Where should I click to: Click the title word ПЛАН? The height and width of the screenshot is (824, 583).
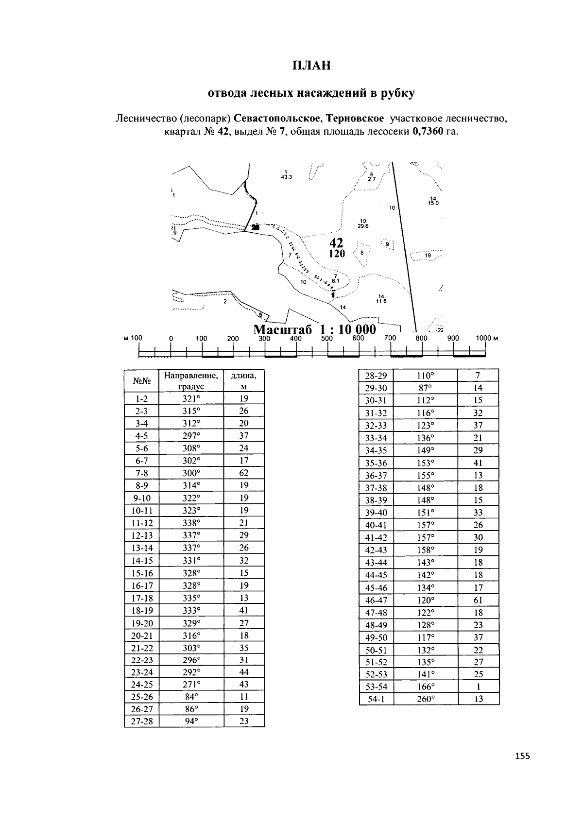[x=311, y=66]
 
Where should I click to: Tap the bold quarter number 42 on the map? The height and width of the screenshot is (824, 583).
[x=336, y=243]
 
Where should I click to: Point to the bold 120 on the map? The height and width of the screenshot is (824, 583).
[x=336, y=254]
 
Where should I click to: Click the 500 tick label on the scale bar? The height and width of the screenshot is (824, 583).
[x=327, y=338]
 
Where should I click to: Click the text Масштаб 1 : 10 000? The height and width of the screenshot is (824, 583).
[x=315, y=329]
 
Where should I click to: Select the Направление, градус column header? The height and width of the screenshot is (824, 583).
[x=191, y=381]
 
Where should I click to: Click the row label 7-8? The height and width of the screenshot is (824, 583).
[x=141, y=473]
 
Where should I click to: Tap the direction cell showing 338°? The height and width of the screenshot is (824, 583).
[x=191, y=523]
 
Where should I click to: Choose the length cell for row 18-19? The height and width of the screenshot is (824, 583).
[x=244, y=610]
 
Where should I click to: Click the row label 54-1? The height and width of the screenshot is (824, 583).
[x=376, y=699]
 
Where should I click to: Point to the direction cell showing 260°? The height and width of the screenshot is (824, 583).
[x=426, y=699]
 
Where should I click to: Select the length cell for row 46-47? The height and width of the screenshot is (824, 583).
[x=478, y=600]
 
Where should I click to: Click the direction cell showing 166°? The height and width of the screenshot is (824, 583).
[x=426, y=687]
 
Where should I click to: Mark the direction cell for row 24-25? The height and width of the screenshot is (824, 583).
[x=191, y=685]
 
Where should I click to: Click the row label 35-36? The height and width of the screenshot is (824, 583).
[x=376, y=463]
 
